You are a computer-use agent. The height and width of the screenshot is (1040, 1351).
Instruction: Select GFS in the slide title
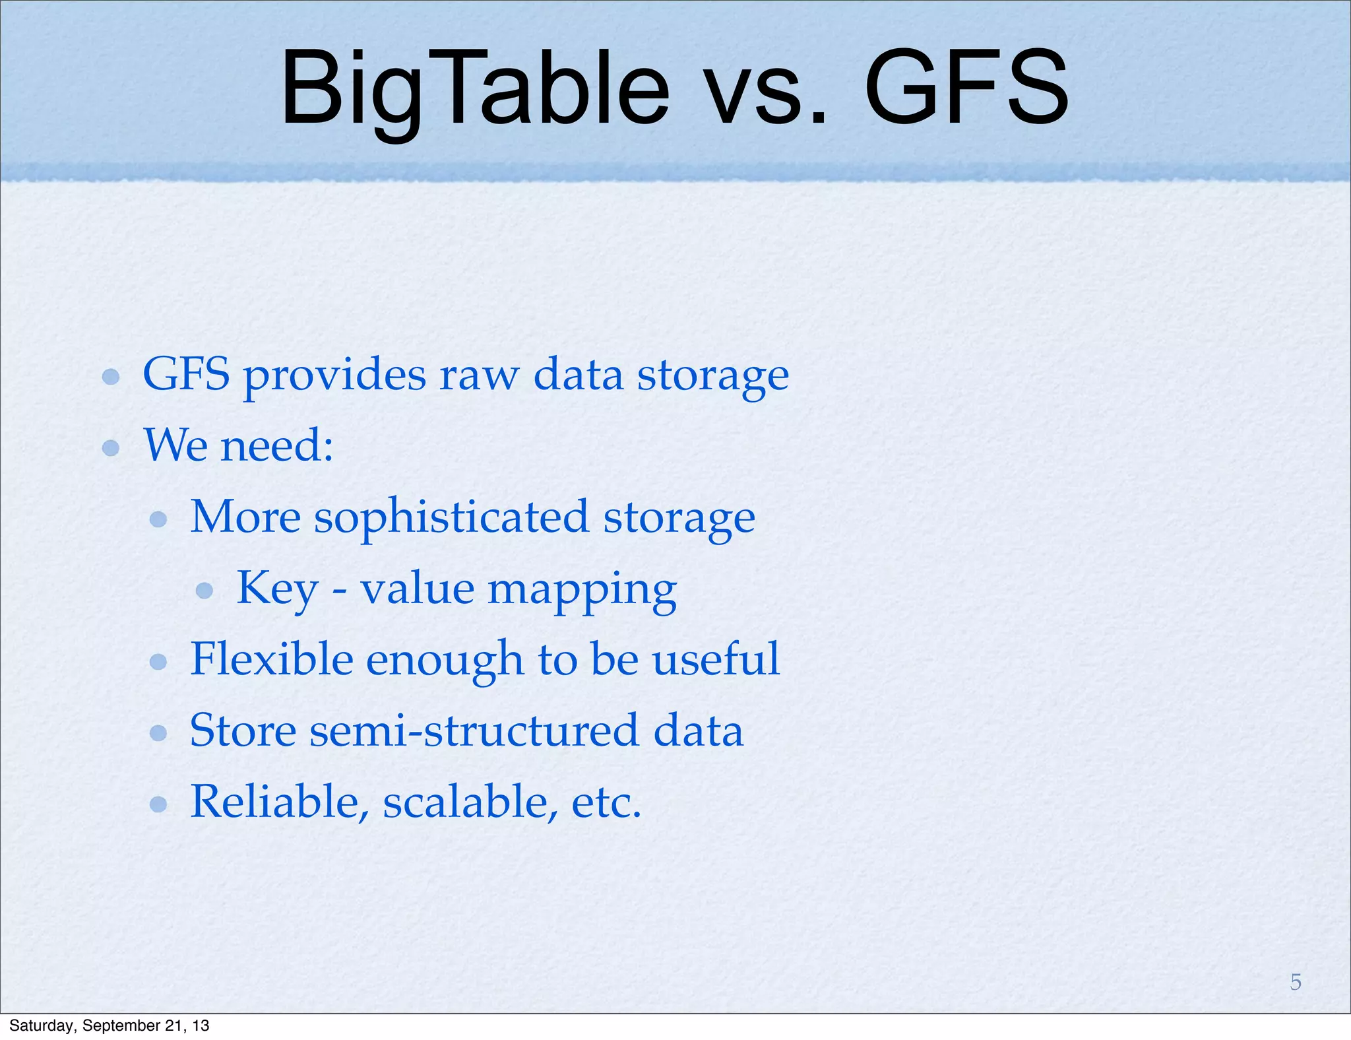tap(966, 89)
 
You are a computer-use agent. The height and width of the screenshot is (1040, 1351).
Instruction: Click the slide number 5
tap(1296, 982)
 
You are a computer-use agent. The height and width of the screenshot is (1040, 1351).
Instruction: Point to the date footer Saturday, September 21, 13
tap(110, 1025)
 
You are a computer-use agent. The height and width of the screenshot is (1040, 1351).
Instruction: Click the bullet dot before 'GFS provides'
tap(111, 377)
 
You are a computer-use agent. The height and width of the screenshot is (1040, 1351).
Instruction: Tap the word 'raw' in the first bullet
tap(479, 375)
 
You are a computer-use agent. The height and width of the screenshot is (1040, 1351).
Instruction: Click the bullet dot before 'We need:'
tap(111, 448)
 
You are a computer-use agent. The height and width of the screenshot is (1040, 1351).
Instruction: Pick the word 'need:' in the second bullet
tap(277, 446)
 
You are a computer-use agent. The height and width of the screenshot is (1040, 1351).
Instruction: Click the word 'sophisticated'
tap(451, 518)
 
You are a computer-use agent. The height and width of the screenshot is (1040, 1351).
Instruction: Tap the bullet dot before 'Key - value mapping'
tap(204, 590)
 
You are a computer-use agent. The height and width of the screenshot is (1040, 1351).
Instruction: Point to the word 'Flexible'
tap(271, 659)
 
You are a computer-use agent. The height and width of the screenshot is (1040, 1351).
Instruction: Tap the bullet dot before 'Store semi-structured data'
tap(158, 732)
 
